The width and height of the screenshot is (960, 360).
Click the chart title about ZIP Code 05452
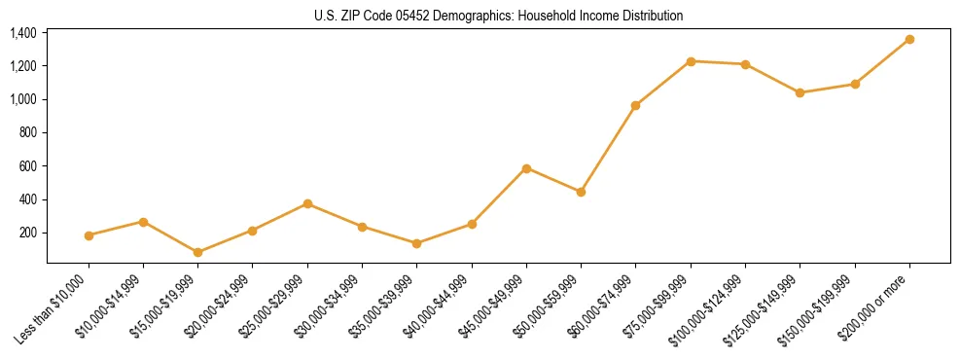[x=499, y=16]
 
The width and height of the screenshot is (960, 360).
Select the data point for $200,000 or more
[x=909, y=39]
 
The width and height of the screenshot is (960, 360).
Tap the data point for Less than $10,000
[x=89, y=235]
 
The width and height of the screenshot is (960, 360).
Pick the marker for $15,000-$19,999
[x=198, y=252]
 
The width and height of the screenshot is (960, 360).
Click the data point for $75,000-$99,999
[x=691, y=61]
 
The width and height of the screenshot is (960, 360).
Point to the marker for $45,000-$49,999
[x=526, y=168]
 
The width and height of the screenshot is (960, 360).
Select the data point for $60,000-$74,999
[x=636, y=105]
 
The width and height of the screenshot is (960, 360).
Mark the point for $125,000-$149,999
[x=800, y=92]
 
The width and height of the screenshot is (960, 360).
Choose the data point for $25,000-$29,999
[x=307, y=203]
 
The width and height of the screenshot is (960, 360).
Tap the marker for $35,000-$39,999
[x=417, y=243]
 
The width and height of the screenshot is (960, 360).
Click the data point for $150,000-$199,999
[x=855, y=84]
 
